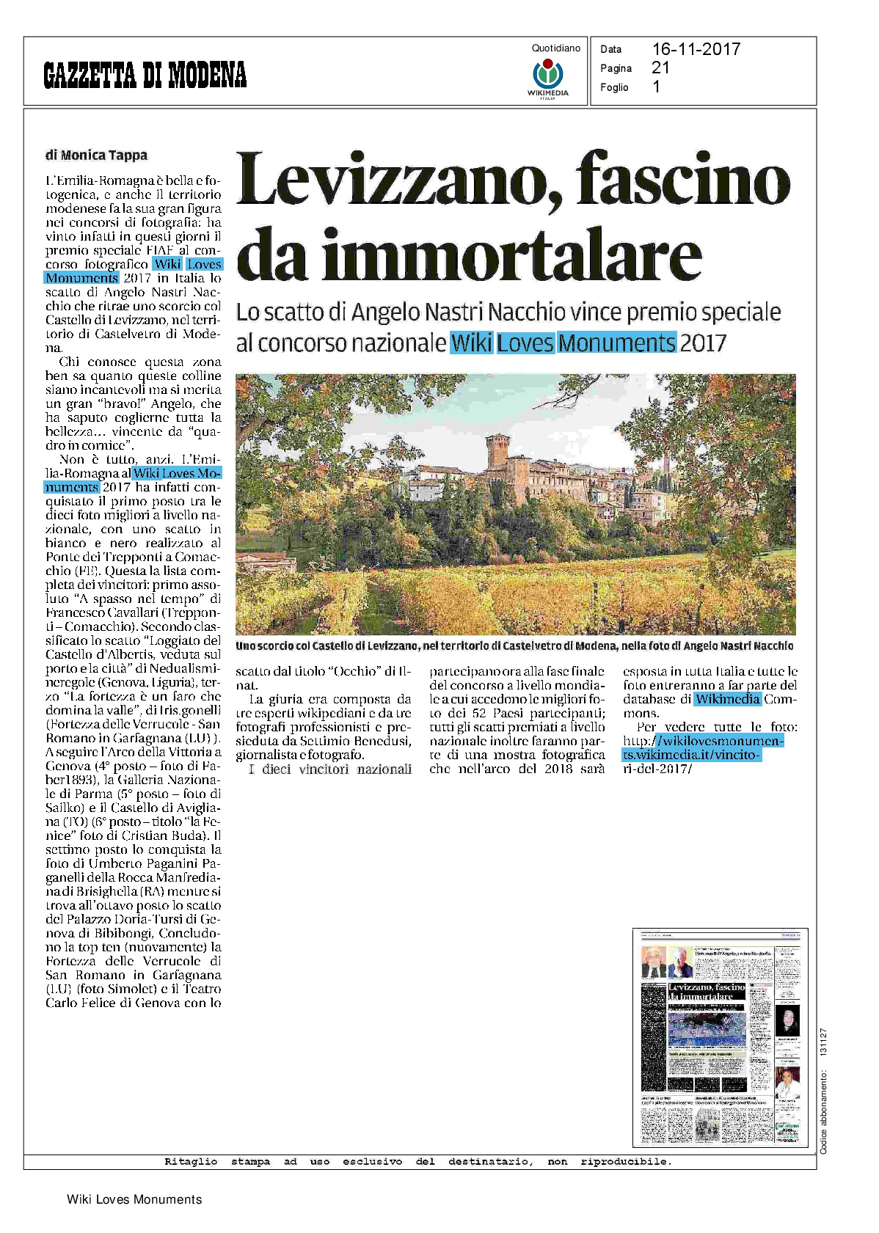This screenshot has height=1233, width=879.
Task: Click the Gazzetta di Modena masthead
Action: (145, 74)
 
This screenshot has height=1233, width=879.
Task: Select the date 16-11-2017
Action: (696, 49)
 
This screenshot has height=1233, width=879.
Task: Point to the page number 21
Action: (660, 67)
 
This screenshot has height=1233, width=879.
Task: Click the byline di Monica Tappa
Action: (96, 155)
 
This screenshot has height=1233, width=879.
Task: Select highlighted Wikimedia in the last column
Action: (727, 699)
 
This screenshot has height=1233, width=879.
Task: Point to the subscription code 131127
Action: (824, 1042)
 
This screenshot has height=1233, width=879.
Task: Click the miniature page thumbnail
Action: (720, 1037)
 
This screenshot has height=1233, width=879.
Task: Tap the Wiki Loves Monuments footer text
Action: (134, 1199)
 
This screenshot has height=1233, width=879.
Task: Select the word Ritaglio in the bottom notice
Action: (190, 1161)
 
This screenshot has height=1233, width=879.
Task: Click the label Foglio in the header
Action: (614, 87)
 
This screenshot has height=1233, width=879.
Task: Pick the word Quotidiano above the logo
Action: (555, 48)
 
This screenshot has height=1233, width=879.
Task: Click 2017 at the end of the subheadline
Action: (702, 343)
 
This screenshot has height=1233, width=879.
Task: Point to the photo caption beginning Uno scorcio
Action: (514, 645)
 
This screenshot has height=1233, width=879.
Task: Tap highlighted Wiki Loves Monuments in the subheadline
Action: (563, 343)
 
